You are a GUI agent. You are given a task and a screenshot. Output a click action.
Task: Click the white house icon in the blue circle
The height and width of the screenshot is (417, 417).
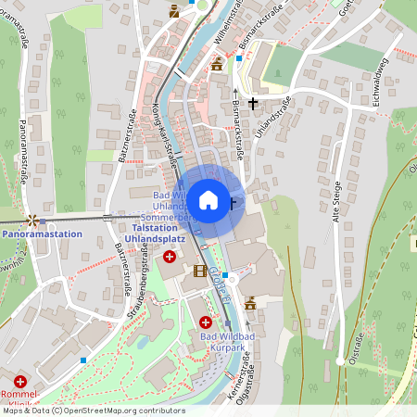click(x=208, y=199)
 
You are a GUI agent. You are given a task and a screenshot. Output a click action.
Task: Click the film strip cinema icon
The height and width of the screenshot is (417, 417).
click(x=199, y=271)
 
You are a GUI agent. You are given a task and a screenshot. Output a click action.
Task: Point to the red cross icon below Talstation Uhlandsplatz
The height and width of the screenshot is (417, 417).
click(x=170, y=256)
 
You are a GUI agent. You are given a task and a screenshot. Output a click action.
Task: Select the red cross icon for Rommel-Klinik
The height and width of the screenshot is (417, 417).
click(x=20, y=381)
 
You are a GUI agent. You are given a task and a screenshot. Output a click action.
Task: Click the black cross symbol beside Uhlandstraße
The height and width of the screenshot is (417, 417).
click(x=253, y=103)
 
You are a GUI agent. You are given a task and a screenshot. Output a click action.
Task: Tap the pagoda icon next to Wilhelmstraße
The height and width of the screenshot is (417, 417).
click(x=218, y=63)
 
